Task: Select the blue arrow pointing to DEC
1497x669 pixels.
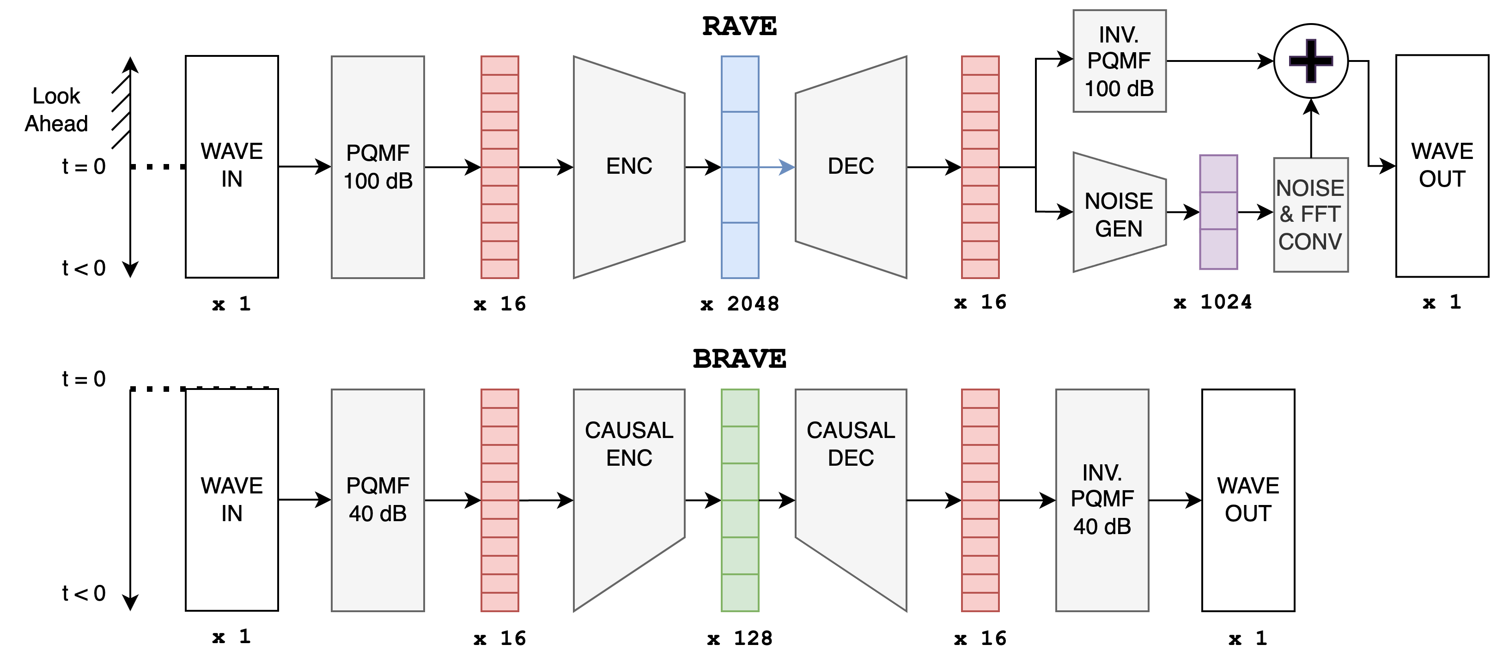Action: point(777,167)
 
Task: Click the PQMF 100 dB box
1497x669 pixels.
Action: point(378,167)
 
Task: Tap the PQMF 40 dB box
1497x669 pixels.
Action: point(378,500)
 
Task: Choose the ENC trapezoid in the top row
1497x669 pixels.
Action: point(629,167)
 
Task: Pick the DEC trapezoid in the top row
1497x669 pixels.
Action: point(851,167)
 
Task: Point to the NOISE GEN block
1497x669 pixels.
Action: point(1119,214)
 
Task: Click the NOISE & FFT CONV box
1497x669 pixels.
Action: point(1310,214)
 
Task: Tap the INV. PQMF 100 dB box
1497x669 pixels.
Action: point(1119,61)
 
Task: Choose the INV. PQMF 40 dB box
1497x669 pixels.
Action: point(1102,500)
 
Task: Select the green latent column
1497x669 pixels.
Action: point(740,500)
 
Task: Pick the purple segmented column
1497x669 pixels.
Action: point(1219,212)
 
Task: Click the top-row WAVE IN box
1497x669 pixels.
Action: point(231,166)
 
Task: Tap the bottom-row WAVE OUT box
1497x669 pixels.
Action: point(1247,500)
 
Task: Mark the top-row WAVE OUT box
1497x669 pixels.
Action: point(1442,166)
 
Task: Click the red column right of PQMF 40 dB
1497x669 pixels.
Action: point(500,500)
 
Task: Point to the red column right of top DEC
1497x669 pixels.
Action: point(980,167)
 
